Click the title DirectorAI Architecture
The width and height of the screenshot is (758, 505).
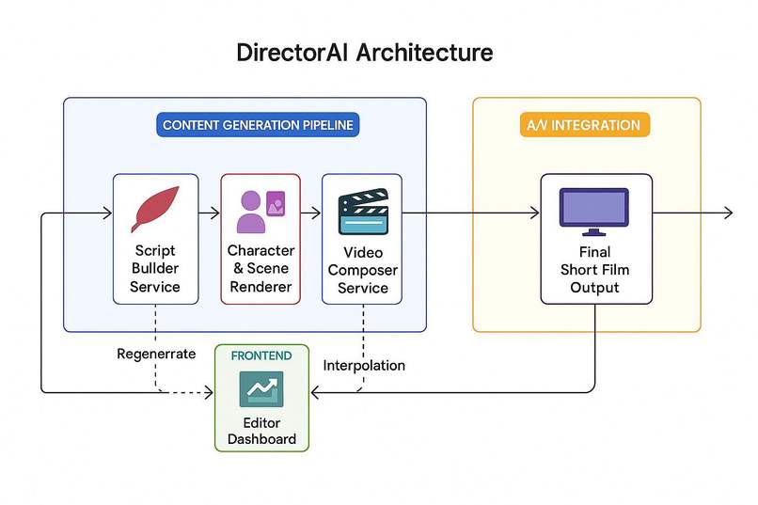tap(364, 52)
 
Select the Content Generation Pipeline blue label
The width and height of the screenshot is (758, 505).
tap(261, 125)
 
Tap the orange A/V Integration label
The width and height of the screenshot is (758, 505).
tap(585, 125)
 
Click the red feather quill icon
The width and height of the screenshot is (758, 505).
tap(155, 208)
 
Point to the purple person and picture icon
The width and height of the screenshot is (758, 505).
tap(261, 211)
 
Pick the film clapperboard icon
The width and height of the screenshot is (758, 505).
tap(363, 212)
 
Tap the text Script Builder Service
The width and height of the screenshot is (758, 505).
tap(155, 269)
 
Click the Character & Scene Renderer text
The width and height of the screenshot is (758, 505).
tap(261, 269)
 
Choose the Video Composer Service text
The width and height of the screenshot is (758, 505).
tap(363, 270)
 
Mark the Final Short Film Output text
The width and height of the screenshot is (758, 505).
tap(594, 270)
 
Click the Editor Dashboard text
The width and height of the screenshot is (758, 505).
tap(261, 431)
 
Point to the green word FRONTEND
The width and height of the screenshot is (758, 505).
tap(261, 355)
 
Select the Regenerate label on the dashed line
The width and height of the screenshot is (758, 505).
tap(156, 354)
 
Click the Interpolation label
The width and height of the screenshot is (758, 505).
tap(364, 365)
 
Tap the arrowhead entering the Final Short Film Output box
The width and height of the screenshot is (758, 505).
tap(535, 213)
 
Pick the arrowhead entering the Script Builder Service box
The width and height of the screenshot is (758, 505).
tap(107, 213)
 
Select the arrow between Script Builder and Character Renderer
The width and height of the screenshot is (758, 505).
tap(209, 213)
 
